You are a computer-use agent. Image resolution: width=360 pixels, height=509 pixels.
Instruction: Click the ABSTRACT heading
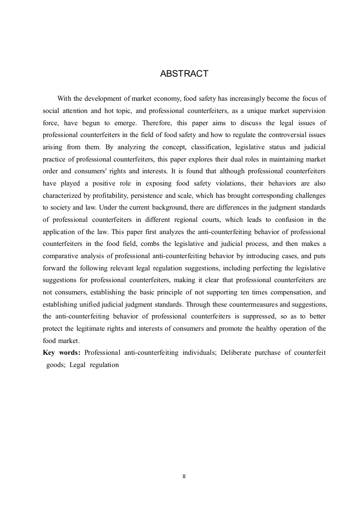coord(184,74)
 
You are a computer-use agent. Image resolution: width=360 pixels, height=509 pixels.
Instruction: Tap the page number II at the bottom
coord(184,476)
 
